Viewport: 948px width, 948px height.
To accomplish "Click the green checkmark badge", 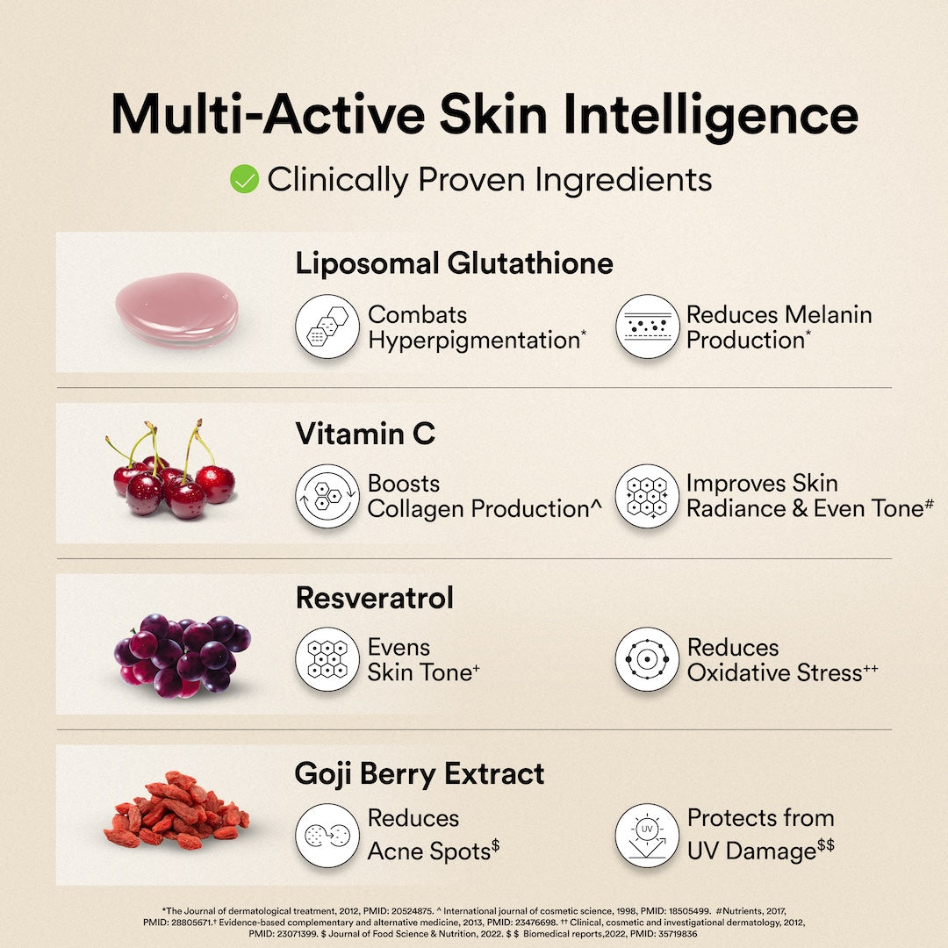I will (244, 179).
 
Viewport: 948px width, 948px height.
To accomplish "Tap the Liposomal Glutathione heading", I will (454, 262).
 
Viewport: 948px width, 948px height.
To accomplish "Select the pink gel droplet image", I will (176, 309).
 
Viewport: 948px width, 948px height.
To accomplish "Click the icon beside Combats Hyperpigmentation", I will (327, 327).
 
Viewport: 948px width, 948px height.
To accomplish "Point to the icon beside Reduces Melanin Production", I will (648, 327).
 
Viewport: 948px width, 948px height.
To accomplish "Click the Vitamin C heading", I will (365, 433).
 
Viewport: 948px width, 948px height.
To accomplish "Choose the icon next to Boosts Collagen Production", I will (327, 496).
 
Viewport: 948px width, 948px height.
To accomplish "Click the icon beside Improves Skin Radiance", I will (648, 496).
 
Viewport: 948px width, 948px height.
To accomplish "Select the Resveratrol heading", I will (375, 598).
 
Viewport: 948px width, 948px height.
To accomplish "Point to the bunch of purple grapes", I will (182, 655).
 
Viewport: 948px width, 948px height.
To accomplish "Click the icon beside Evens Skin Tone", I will (327, 659).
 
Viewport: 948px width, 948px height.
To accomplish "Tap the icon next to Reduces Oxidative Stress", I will (648, 659).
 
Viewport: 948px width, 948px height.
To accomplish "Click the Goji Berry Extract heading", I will (420, 773).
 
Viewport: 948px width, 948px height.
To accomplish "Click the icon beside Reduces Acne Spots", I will (327, 836).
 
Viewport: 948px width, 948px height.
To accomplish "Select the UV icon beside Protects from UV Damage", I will (648, 836).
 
